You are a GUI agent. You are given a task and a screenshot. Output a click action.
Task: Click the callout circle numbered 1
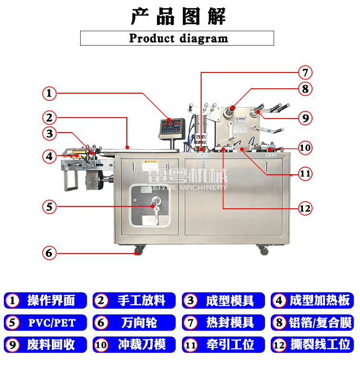click(49, 93)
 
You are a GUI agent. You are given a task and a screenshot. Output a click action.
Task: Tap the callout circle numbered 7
click(304, 73)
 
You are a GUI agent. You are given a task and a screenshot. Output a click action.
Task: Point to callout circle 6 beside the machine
click(49, 252)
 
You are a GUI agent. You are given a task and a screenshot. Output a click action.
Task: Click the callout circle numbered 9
click(304, 118)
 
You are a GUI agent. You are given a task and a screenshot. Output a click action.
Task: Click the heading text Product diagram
click(178, 38)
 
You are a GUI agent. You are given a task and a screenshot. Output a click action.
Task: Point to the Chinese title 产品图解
click(178, 17)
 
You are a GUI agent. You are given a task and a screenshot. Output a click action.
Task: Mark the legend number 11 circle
click(191, 345)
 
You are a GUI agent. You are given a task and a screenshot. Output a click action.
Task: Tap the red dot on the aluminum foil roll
click(231, 108)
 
